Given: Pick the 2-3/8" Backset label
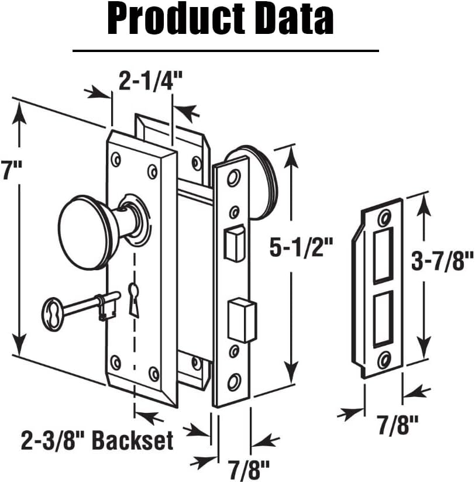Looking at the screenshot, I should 98,440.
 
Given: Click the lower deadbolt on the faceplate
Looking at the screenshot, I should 240,319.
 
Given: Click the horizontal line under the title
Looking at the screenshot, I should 225,51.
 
